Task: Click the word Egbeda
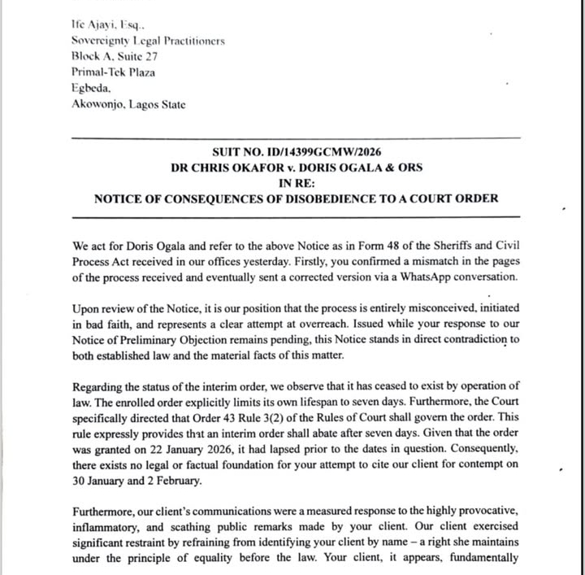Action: pyautogui.click(x=89, y=88)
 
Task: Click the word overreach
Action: pyautogui.click(x=270, y=327)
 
